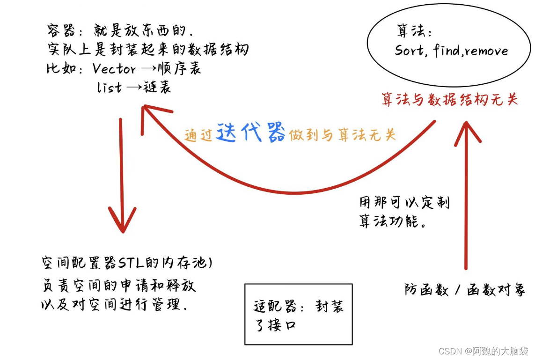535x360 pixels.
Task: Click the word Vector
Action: (114, 69)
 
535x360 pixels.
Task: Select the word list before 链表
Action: (110, 87)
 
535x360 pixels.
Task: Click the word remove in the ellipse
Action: (486, 51)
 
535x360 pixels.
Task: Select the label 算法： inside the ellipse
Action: (414, 31)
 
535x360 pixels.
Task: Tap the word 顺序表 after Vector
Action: (183, 69)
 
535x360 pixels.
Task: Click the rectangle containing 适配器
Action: (298, 314)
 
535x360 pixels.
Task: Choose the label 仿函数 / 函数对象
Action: (465, 290)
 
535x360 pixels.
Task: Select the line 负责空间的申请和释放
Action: (118, 286)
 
